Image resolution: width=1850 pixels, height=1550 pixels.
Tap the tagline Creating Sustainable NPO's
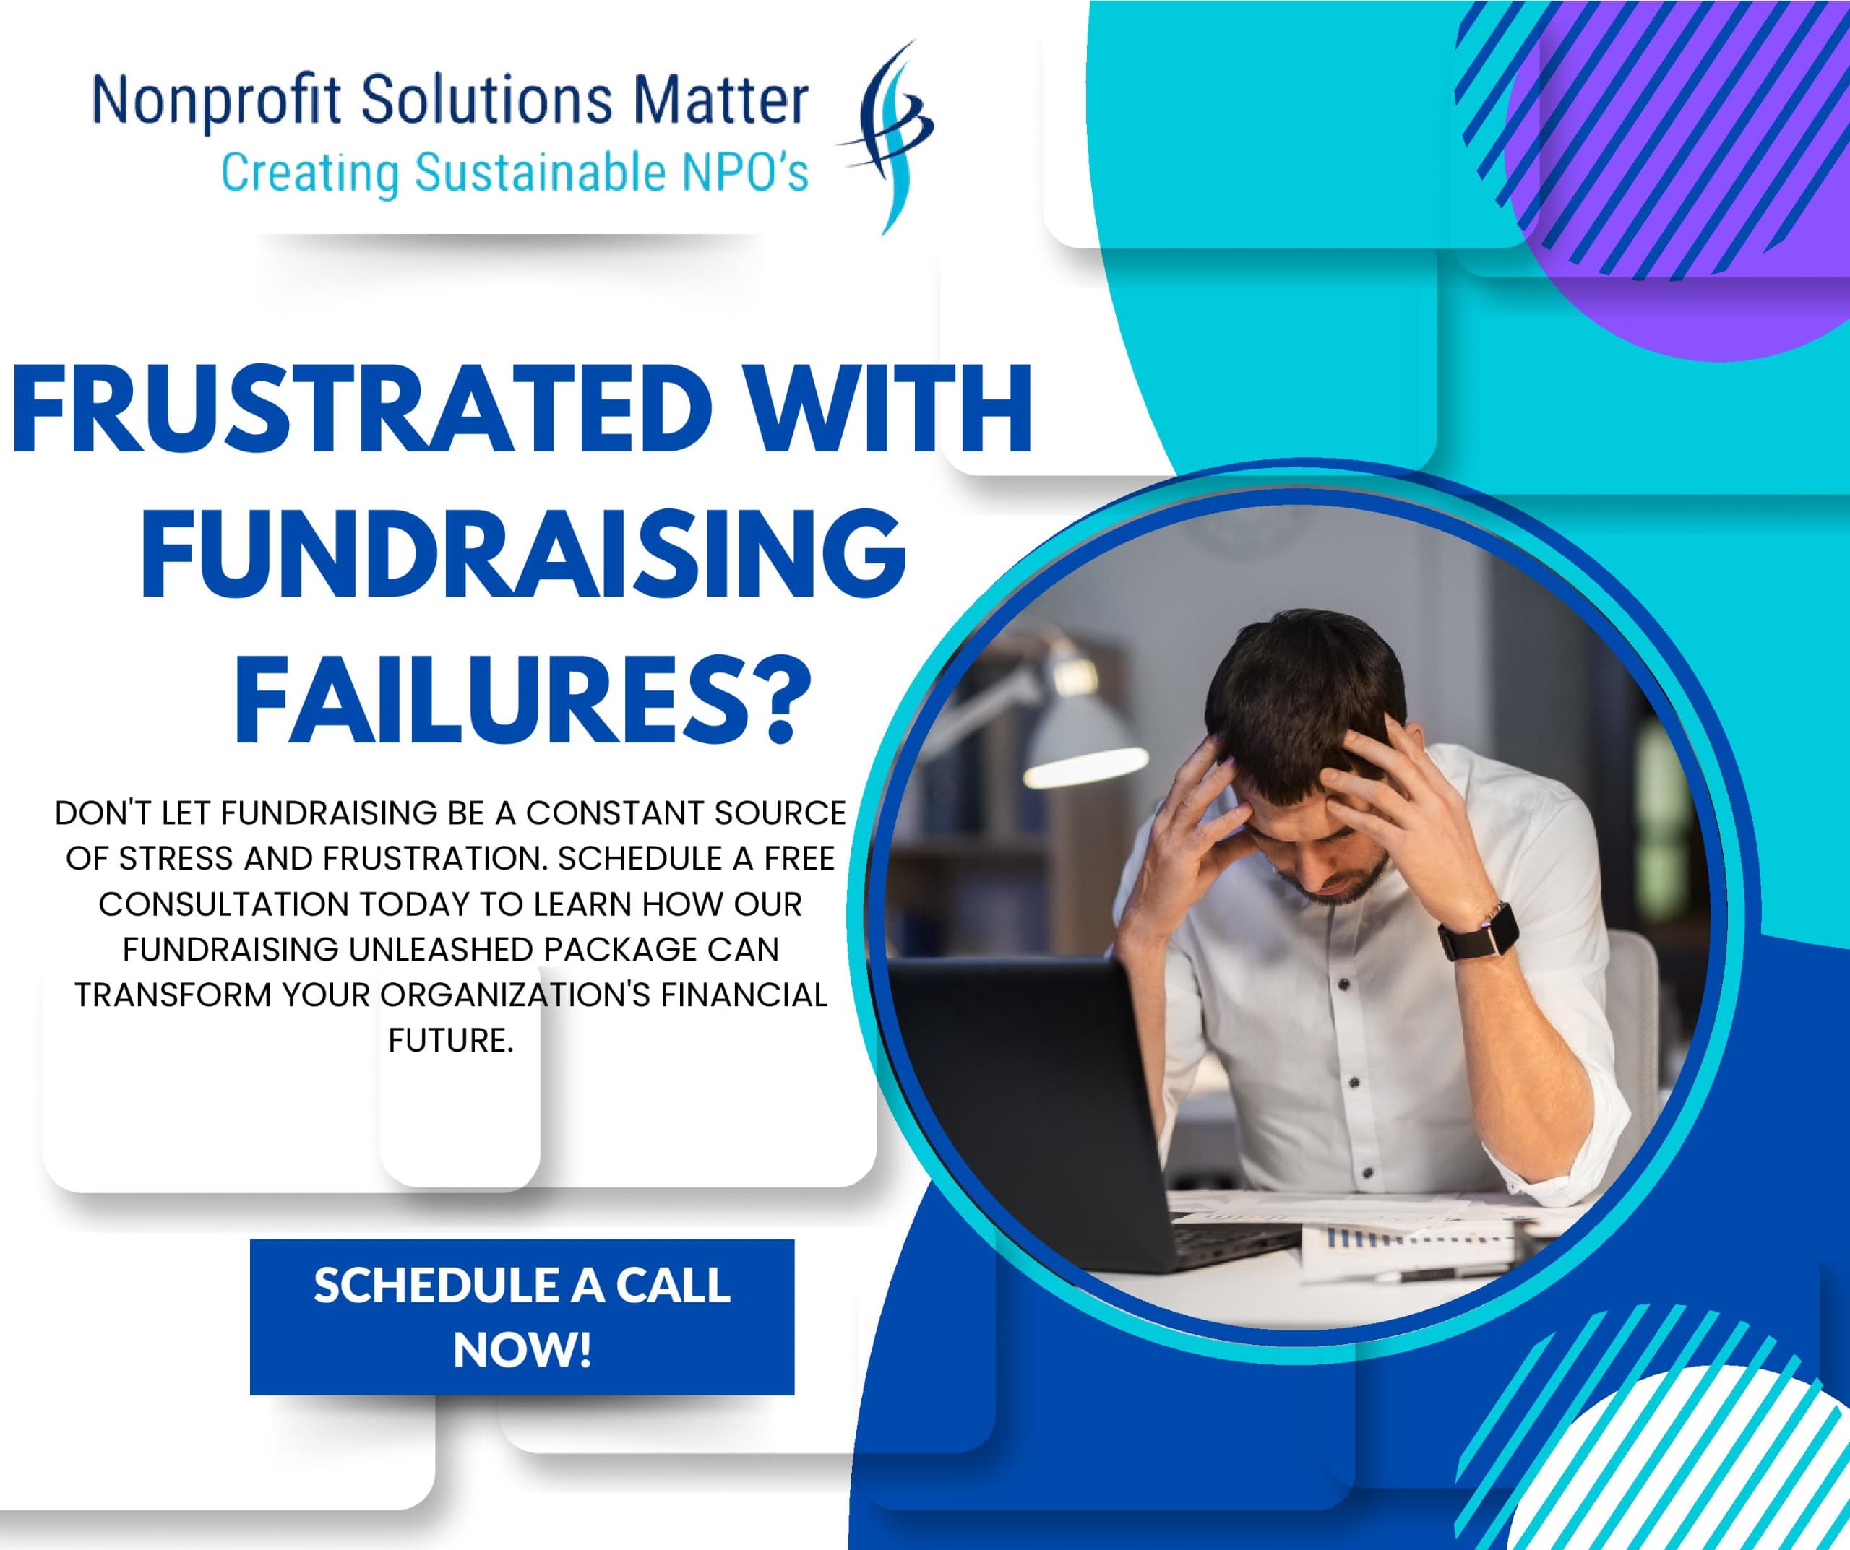click(x=515, y=172)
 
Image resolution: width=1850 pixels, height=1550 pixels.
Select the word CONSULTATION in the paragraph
click(x=224, y=904)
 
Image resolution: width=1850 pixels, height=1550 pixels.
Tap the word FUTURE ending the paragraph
click(x=450, y=1040)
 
